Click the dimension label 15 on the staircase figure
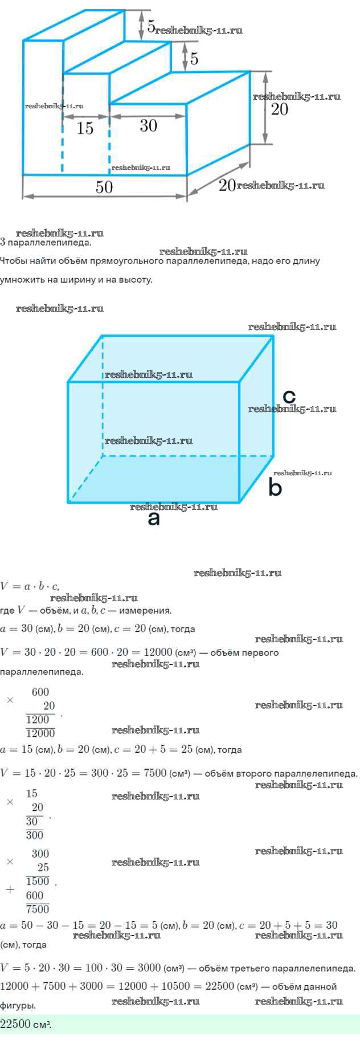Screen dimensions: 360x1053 (x=85, y=128)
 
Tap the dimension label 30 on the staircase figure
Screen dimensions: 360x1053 (x=148, y=125)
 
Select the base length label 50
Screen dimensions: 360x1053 (x=104, y=187)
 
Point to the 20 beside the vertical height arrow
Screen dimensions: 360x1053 (x=279, y=109)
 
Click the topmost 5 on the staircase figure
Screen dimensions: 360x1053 (x=150, y=26)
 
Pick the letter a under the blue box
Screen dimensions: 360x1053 (x=153, y=519)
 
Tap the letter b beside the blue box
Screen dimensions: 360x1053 (x=275, y=488)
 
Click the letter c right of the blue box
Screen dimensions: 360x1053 (x=289, y=396)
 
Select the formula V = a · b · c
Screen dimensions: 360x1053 (x=29, y=586)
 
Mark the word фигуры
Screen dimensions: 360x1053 (x=18, y=1006)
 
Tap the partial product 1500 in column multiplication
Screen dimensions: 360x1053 (x=38, y=881)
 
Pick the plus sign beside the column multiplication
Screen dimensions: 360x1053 (x=10, y=889)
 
